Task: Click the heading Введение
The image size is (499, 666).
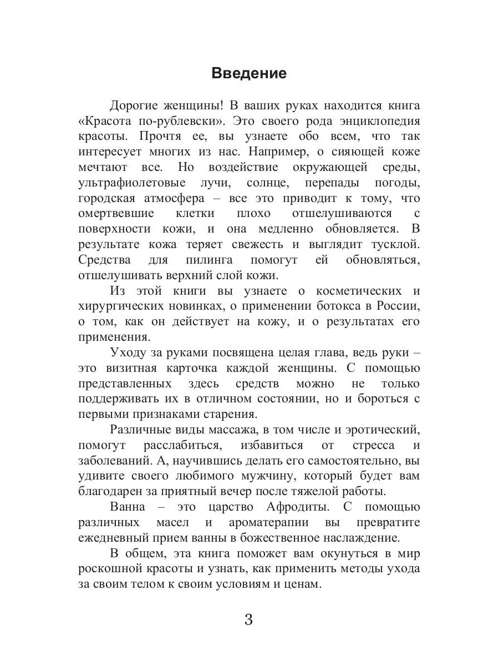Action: pos(249,74)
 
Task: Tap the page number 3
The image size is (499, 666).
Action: pos(248,619)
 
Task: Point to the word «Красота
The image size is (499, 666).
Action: pos(110,121)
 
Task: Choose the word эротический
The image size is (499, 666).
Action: pos(378,430)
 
